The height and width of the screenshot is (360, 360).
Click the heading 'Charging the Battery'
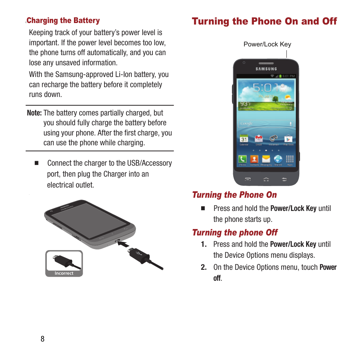pyautogui.click(x=63, y=21)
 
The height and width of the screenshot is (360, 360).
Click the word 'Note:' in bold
pyautogui.click(x=34, y=113)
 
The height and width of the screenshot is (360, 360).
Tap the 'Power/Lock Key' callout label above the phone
pyautogui.click(x=267, y=44)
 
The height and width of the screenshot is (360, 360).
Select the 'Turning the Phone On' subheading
pyautogui.click(x=234, y=195)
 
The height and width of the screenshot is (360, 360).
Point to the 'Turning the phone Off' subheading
pyautogui.click(x=235, y=232)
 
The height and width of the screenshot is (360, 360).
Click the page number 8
pyautogui.click(x=43, y=339)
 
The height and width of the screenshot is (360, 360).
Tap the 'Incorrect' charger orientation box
pyautogui.click(x=64, y=263)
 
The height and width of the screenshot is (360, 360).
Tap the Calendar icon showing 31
pyautogui.click(x=244, y=139)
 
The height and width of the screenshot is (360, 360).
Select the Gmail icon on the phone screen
pyautogui.click(x=258, y=139)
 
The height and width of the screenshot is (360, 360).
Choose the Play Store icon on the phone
pyautogui.click(x=288, y=139)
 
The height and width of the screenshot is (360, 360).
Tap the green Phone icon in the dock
pyautogui.click(x=242, y=159)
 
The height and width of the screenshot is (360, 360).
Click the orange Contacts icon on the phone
pyautogui.click(x=254, y=159)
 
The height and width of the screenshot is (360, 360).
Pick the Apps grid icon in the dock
pyautogui.click(x=289, y=159)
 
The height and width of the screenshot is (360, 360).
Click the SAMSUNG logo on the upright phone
pyautogui.click(x=266, y=69)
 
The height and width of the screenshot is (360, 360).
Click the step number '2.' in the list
pyautogui.click(x=204, y=268)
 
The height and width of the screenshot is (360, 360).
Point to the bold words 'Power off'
pyautogui.click(x=328, y=268)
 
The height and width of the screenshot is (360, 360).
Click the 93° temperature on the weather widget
pyautogui.click(x=244, y=104)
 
